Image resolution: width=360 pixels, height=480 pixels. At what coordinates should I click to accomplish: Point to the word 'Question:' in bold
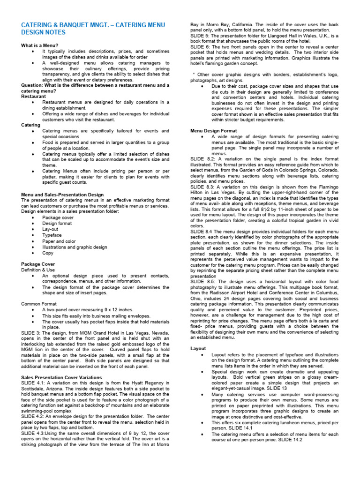click(32, 85)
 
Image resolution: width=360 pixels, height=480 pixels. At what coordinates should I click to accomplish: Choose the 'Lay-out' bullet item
click(51, 229)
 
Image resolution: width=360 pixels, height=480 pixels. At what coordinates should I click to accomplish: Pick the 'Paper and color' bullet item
click(59, 241)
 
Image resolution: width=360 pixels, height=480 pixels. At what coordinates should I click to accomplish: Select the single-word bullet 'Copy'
click(48, 253)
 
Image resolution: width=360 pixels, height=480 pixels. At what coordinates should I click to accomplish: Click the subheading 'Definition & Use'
click(38, 270)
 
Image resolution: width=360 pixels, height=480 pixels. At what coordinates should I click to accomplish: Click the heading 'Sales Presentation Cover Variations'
click(61, 377)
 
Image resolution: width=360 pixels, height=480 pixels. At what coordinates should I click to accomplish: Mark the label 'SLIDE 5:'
click(200, 36)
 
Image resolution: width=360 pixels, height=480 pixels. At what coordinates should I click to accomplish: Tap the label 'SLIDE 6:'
click(200, 47)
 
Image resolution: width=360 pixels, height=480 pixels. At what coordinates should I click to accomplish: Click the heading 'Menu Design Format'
click(213, 130)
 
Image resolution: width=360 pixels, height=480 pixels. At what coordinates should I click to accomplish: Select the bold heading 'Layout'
click(198, 349)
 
